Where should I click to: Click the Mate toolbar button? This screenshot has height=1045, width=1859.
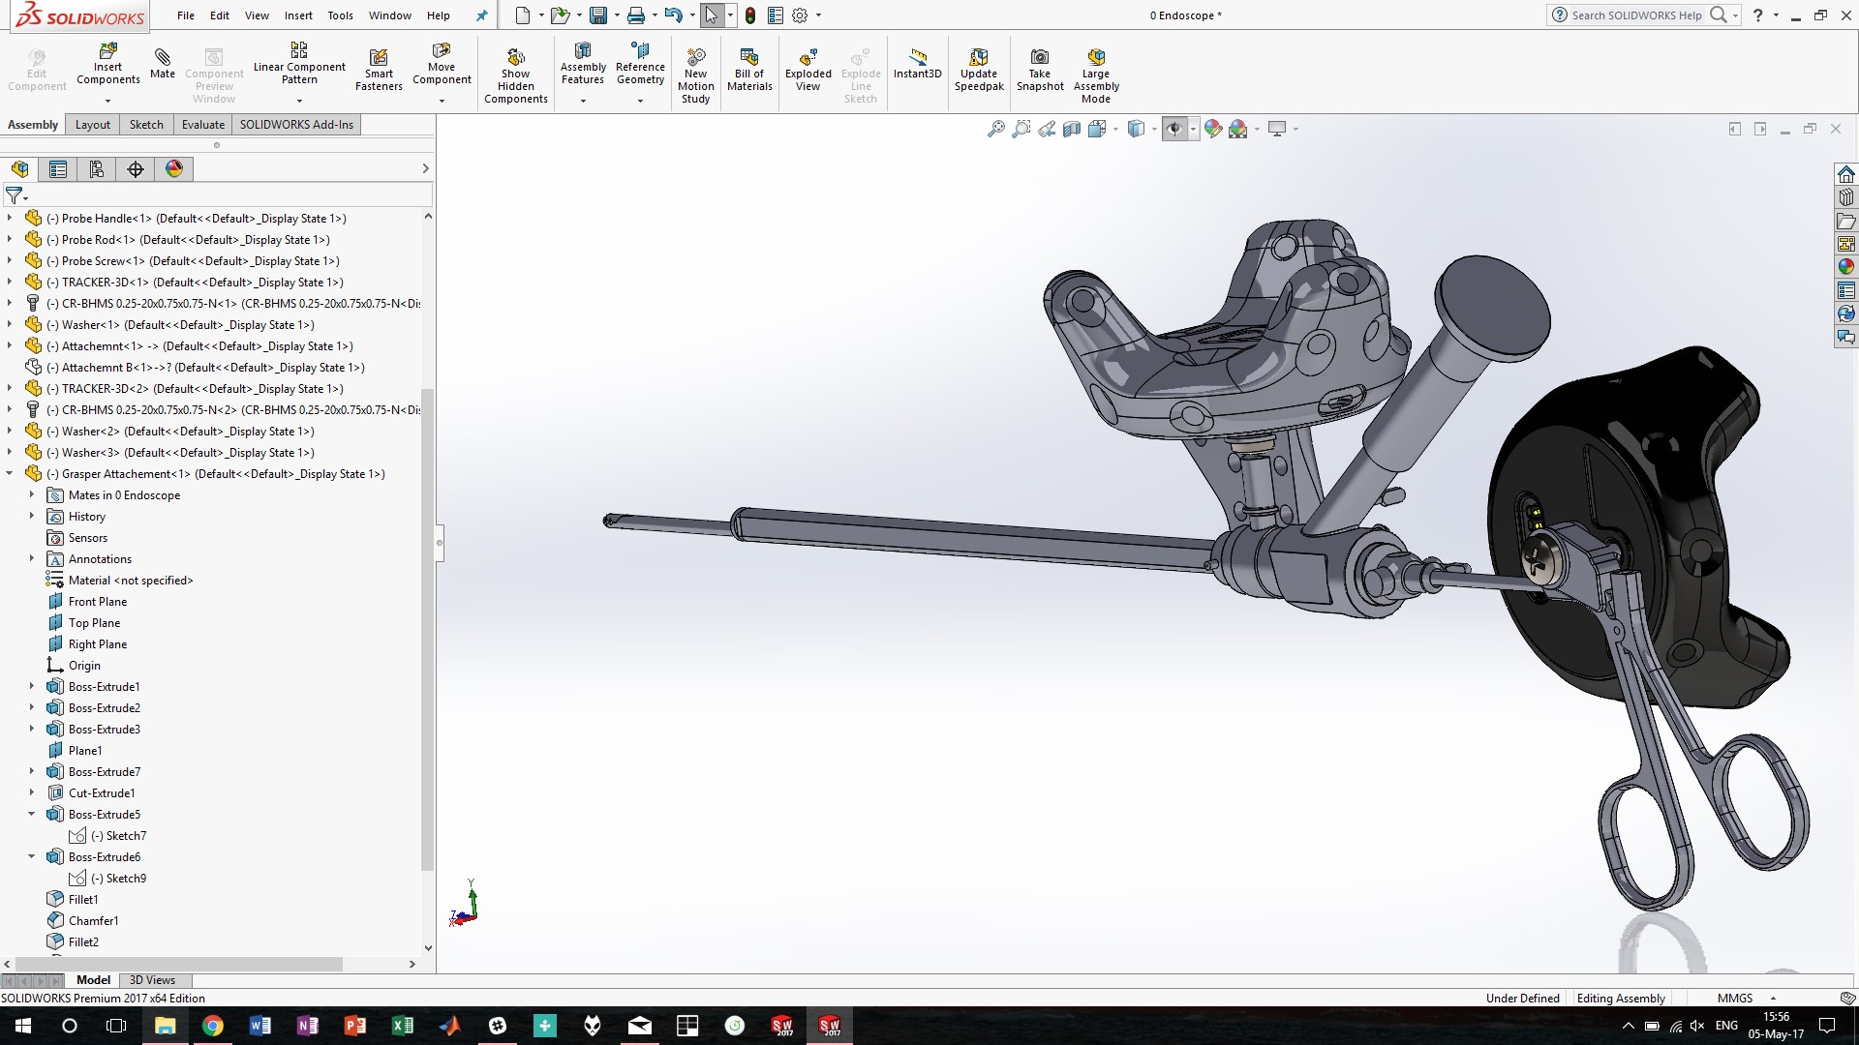(163, 64)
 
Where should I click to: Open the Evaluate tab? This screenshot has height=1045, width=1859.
(203, 125)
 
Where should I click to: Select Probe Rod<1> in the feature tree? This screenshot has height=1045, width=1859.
(98, 240)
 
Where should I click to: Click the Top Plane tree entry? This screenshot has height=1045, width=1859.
(94, 623)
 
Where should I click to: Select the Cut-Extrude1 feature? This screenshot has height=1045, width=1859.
(102, 793)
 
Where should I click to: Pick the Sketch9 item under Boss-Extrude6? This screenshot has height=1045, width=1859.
(126, 879)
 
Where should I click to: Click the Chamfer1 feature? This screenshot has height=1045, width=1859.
(93, 921)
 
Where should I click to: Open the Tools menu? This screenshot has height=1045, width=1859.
(340, 15)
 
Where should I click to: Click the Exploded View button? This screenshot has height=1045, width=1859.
(808, 70)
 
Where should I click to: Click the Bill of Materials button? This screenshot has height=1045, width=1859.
(749, 70)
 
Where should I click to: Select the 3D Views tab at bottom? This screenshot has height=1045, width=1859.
(152, 980)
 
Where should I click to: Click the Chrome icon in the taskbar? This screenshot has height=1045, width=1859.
(212, 1026)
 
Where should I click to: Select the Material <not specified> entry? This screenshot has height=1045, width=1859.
(131, 581)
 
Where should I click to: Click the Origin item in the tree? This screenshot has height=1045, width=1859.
(84, 666)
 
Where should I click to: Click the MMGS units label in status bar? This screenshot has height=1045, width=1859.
(1734, 999)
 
